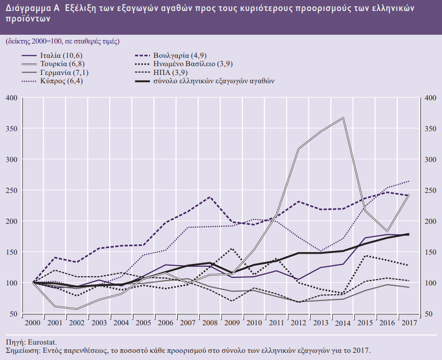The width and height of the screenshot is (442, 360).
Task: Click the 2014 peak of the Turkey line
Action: pyautogui.click(x=343, y=117)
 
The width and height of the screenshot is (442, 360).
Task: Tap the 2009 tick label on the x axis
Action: pyautogui.click(x=231, y=322)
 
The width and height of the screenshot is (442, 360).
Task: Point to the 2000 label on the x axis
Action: pyautogui.click(x=33, y=322)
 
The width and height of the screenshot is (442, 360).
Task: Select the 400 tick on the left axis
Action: pyautogui.click(x=12, y=98)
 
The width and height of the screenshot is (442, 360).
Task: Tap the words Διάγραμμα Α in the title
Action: pyautogui.click(x=33, y=9)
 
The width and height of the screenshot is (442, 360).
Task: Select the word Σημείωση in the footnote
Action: pyautogui.click(x=22, y=350)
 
